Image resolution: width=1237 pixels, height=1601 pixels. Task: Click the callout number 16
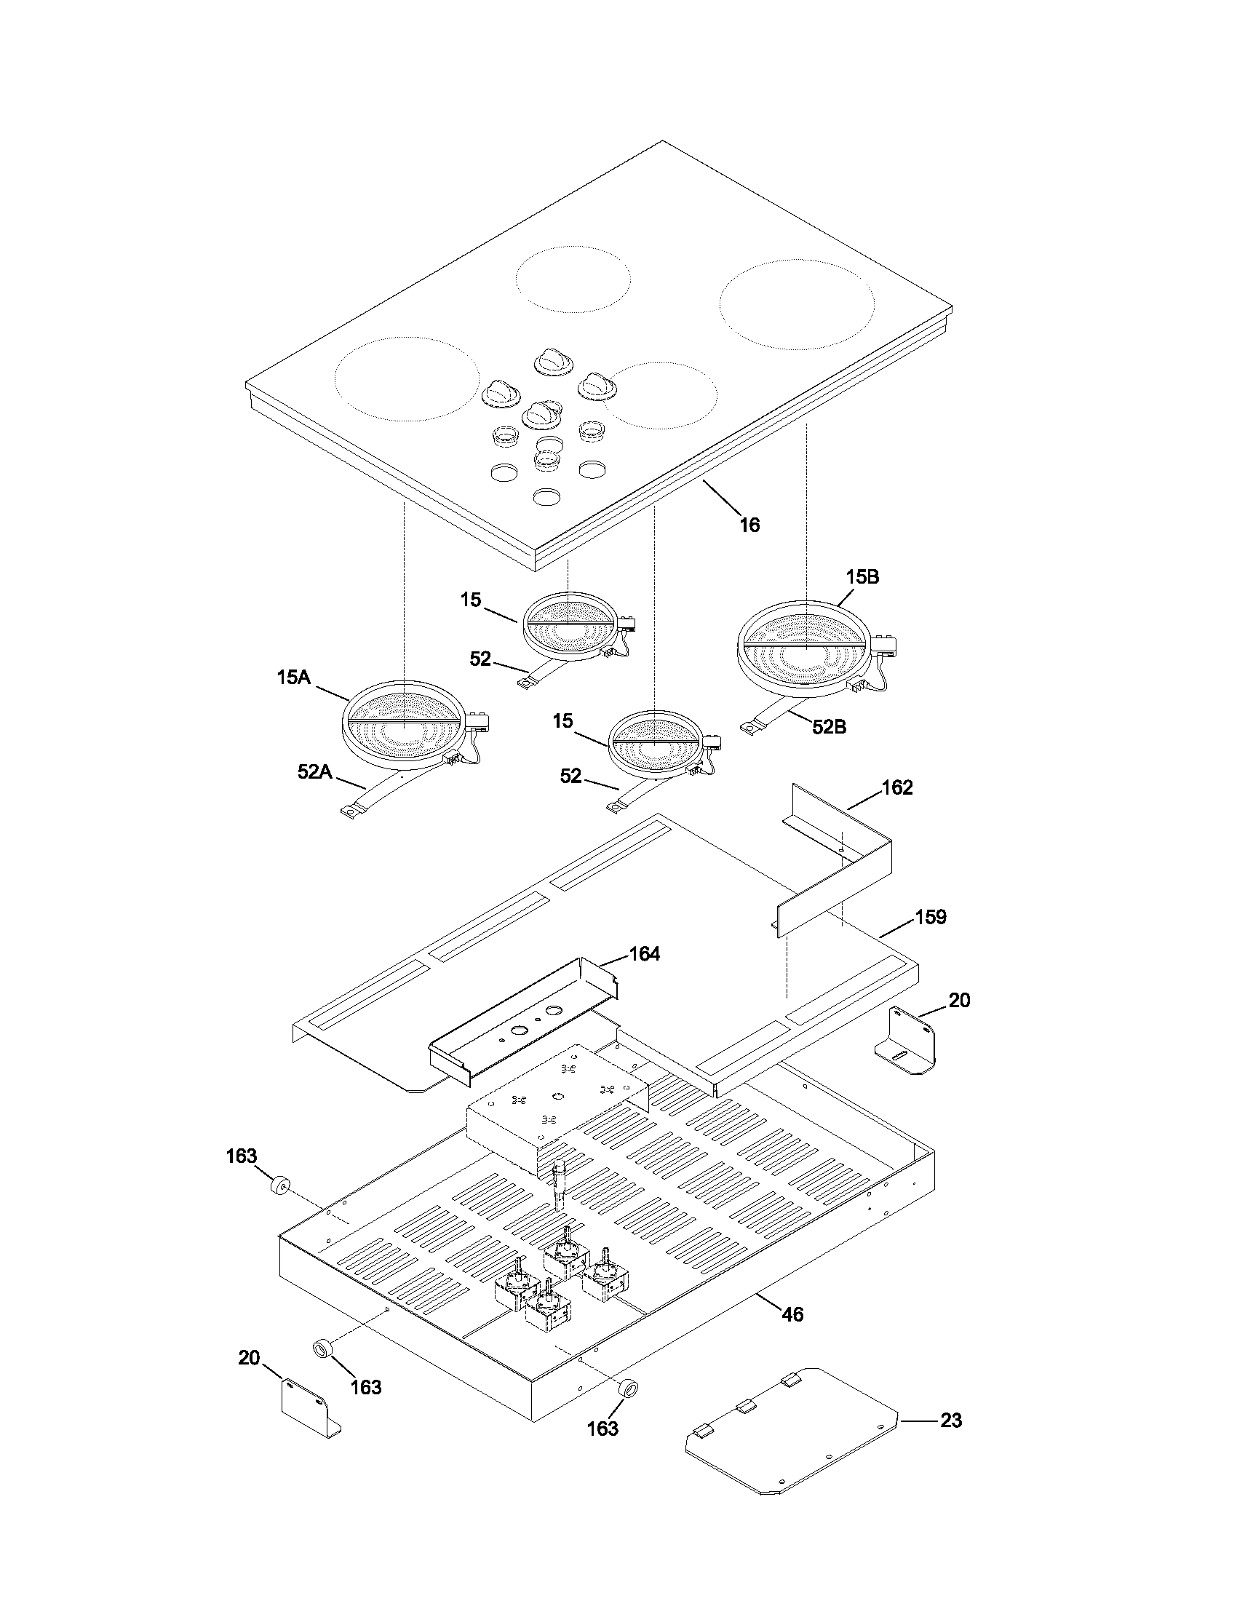pyautogui.click(x=749, y=525)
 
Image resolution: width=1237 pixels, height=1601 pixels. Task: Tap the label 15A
pyautogui.click(x=293, y=678)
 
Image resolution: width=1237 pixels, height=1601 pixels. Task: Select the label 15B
pyautogui.click(x=862, y=577)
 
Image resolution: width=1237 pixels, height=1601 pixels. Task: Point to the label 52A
pyautogui.click(x=314, y=771)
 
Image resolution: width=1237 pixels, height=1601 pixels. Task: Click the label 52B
pyautogui.click(x=829, y=726)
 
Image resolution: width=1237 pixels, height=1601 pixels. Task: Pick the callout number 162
pyautogui.click(x=897, y=787)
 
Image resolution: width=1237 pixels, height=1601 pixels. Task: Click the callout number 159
pyautogui.click(x=931, y=917)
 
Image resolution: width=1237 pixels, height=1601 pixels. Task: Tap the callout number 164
pyautogui.click(x=644, y=954)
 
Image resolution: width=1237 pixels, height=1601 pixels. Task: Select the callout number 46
pyautogui.click(x=792, y=1314)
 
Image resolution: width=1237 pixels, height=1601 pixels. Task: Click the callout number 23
pyautogui.click(x=950, y=1420)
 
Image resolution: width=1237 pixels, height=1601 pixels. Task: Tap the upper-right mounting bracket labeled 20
pyautogui.click(x=907, y=1041)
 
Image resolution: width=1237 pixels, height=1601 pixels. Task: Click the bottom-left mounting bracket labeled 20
pyautogui.click(x=308, y=1404)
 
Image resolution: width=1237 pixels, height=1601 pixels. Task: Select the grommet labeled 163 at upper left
pyautogui.click(x=279, y=1185)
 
